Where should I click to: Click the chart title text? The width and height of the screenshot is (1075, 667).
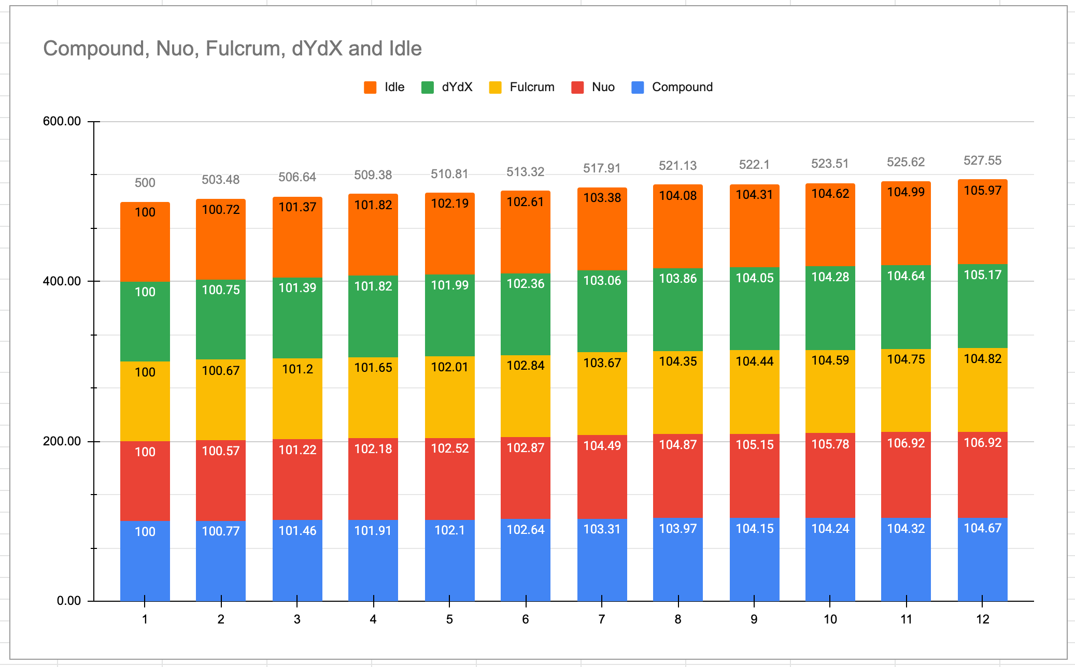(232, 49)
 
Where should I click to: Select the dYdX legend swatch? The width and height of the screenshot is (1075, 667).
(428, 88)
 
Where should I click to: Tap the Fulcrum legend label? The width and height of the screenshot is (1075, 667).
(532, 87)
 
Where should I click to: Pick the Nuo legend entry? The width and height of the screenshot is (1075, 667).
(603, 87)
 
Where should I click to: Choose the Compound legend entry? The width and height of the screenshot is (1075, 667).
(682, 87)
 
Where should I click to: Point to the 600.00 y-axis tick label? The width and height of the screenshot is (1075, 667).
(62, 121)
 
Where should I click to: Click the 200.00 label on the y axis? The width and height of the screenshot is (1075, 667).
(62, 441)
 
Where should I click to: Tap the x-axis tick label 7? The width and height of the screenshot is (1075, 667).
(602, 619)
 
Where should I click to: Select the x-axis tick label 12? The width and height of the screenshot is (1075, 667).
(982, 619)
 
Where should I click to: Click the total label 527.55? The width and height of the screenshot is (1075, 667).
(982, 161)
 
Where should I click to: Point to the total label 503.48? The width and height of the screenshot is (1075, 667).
(221, 180)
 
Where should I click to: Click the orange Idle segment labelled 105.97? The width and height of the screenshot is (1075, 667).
(982, 223)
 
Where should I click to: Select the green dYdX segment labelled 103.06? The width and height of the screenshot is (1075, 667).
(602, 311)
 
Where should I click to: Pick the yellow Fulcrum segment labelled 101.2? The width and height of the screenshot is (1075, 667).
(297, 399)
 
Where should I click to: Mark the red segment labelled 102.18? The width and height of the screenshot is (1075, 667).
(373, 479)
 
